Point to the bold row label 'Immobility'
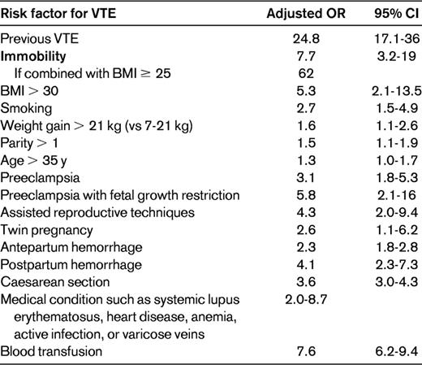[33, 58]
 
